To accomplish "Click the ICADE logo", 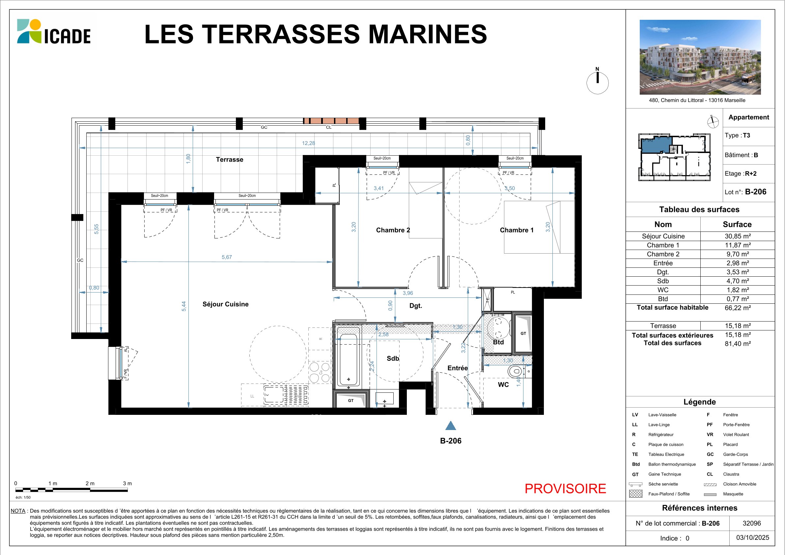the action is coord(54,32).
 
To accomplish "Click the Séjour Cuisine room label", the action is coord(225,304).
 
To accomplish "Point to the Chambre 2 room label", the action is coord(393,230).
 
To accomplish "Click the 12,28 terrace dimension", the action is coord(308,143).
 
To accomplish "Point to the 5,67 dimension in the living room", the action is coord(227,257).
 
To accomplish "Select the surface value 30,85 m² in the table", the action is coord(738,236).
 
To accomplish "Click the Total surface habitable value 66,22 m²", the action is coord(738,308).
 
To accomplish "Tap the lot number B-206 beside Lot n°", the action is coord(756,192).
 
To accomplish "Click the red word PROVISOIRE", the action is coord(565,489).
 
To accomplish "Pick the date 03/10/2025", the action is coord(752,538).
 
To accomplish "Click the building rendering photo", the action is coord(700,57).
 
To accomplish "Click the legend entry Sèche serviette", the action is coord(663,484).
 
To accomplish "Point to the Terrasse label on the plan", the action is coord(229,160).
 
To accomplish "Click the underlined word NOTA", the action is coord(18,511).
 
